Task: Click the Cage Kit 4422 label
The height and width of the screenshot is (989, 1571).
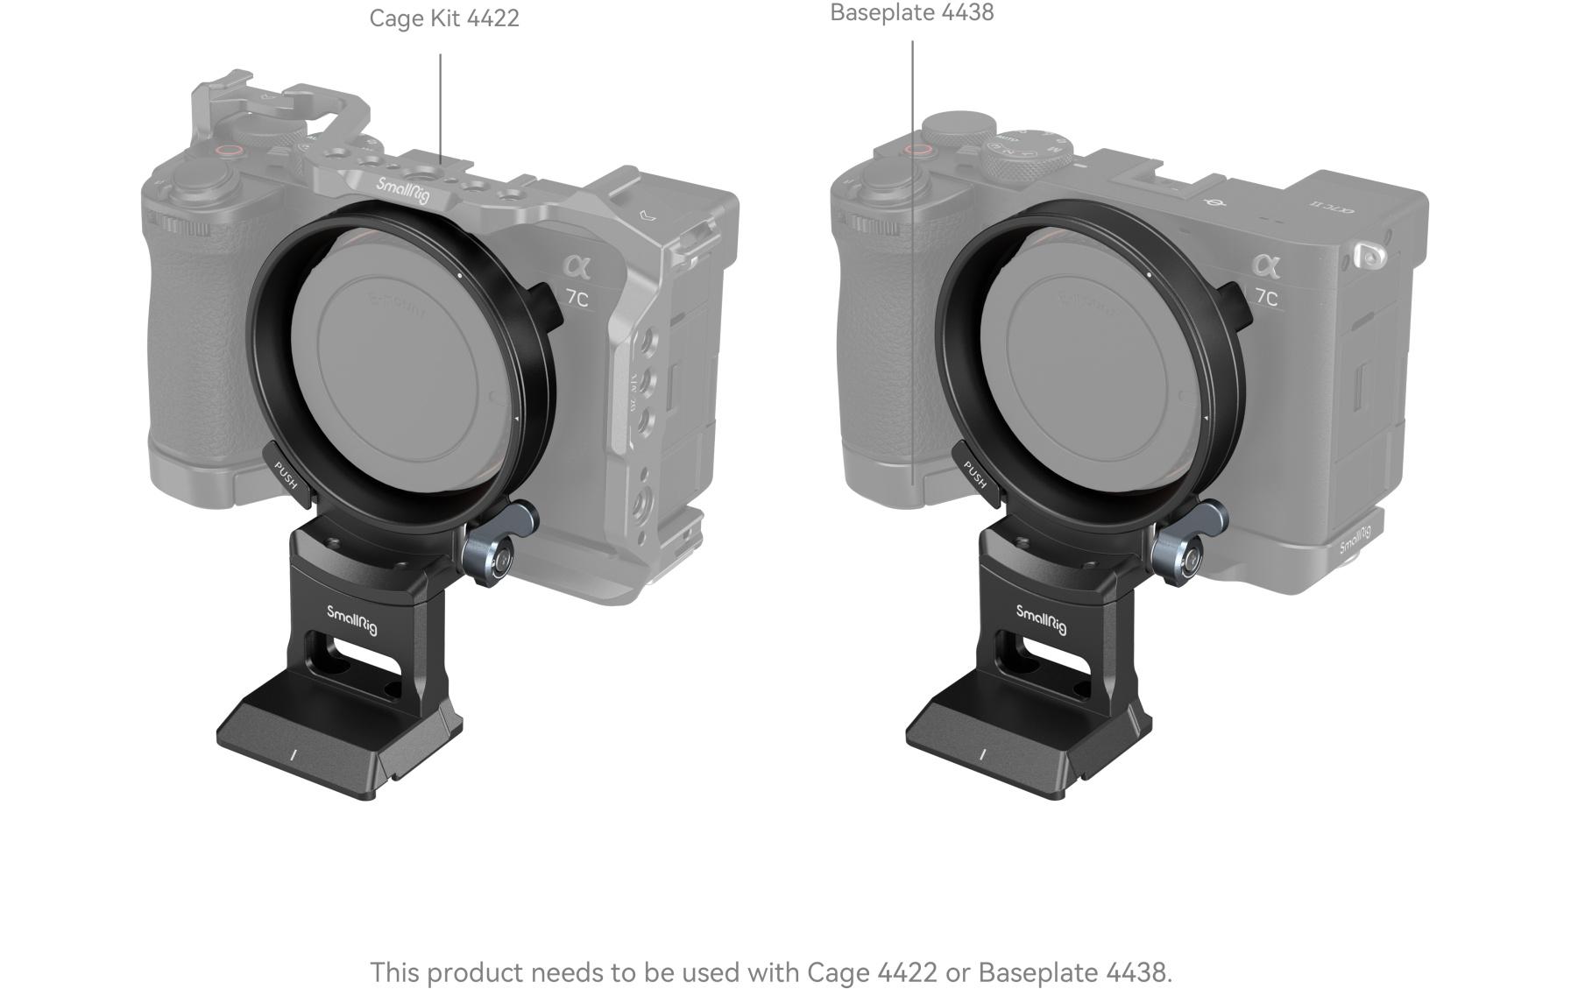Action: click(x=444, y=18)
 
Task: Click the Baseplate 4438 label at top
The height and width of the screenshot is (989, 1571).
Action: click(x=911, y=13)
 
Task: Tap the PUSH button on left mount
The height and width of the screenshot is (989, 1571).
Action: click(x=287, y=476)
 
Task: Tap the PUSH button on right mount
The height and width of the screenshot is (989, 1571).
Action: click(x=975, y=475)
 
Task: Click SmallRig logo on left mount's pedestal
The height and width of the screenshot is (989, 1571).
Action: click(x=352, y=619)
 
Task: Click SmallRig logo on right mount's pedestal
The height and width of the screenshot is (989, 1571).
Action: click(x=1041, y=619)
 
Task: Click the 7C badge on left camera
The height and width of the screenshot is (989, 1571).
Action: click(x=577, y=298)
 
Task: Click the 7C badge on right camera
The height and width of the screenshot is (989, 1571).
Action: click(x=1266, y=298)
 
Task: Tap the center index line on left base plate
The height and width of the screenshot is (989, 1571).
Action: click(x=294, y=754)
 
